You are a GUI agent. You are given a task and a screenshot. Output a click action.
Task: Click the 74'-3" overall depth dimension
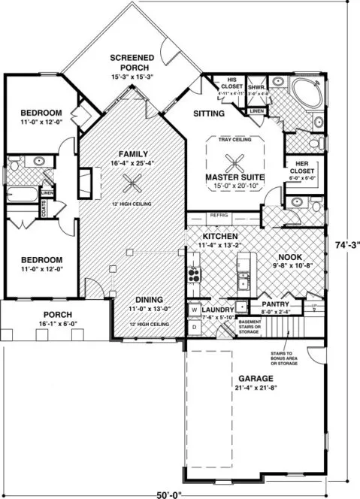pos(346,244)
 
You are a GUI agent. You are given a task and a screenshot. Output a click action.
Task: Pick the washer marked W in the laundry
pos(193,309)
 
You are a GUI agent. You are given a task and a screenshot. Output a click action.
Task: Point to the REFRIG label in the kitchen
pos(220,214)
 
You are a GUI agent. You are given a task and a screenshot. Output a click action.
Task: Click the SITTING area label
pos(207,113)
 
